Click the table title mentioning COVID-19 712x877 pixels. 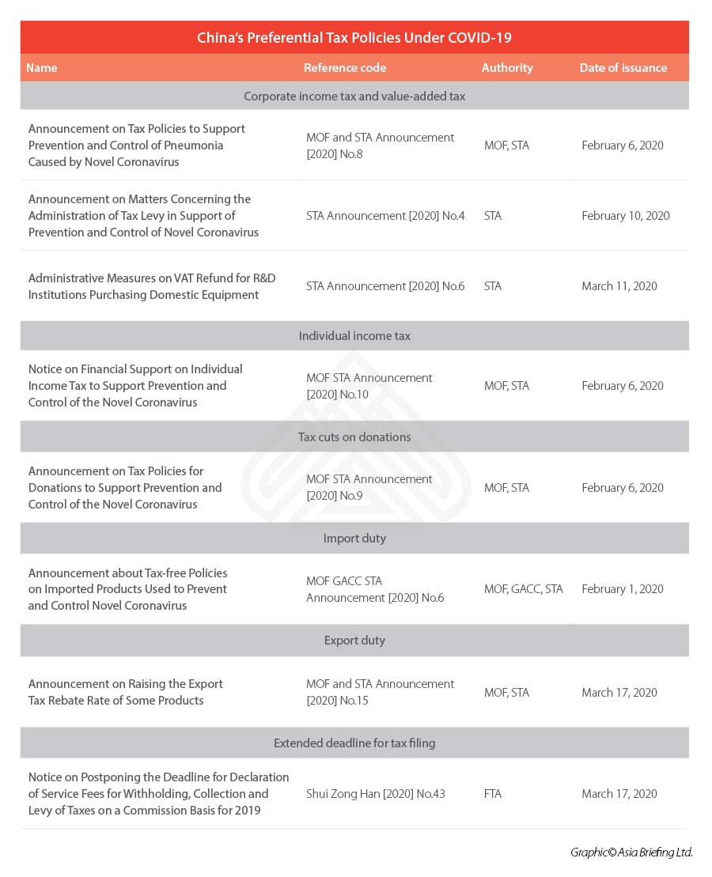(354, 38)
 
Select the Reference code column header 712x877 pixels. (345, 68)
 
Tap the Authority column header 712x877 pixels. (507, 68)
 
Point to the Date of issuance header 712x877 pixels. (623, 68)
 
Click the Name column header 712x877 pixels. (42, 68)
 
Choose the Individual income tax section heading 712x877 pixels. (354, 336)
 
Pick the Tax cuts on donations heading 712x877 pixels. (354, 437)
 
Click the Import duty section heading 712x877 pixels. (354, 539)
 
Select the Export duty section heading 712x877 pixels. (354, 641)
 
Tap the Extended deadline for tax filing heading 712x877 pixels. (354, 743)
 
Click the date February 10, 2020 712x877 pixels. (625, 216)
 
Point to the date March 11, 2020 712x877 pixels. (619, 286)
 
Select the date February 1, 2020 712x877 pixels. (622, 589)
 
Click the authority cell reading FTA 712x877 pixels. (493, 794)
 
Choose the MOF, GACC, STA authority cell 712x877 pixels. (523, 589)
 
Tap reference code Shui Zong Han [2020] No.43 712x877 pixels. (375, 794)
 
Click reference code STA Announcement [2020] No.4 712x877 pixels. (385, 216)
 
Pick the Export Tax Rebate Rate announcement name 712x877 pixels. (126, 692)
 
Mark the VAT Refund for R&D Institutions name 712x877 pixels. (152, 286)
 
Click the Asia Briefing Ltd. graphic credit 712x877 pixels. (631, 852)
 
